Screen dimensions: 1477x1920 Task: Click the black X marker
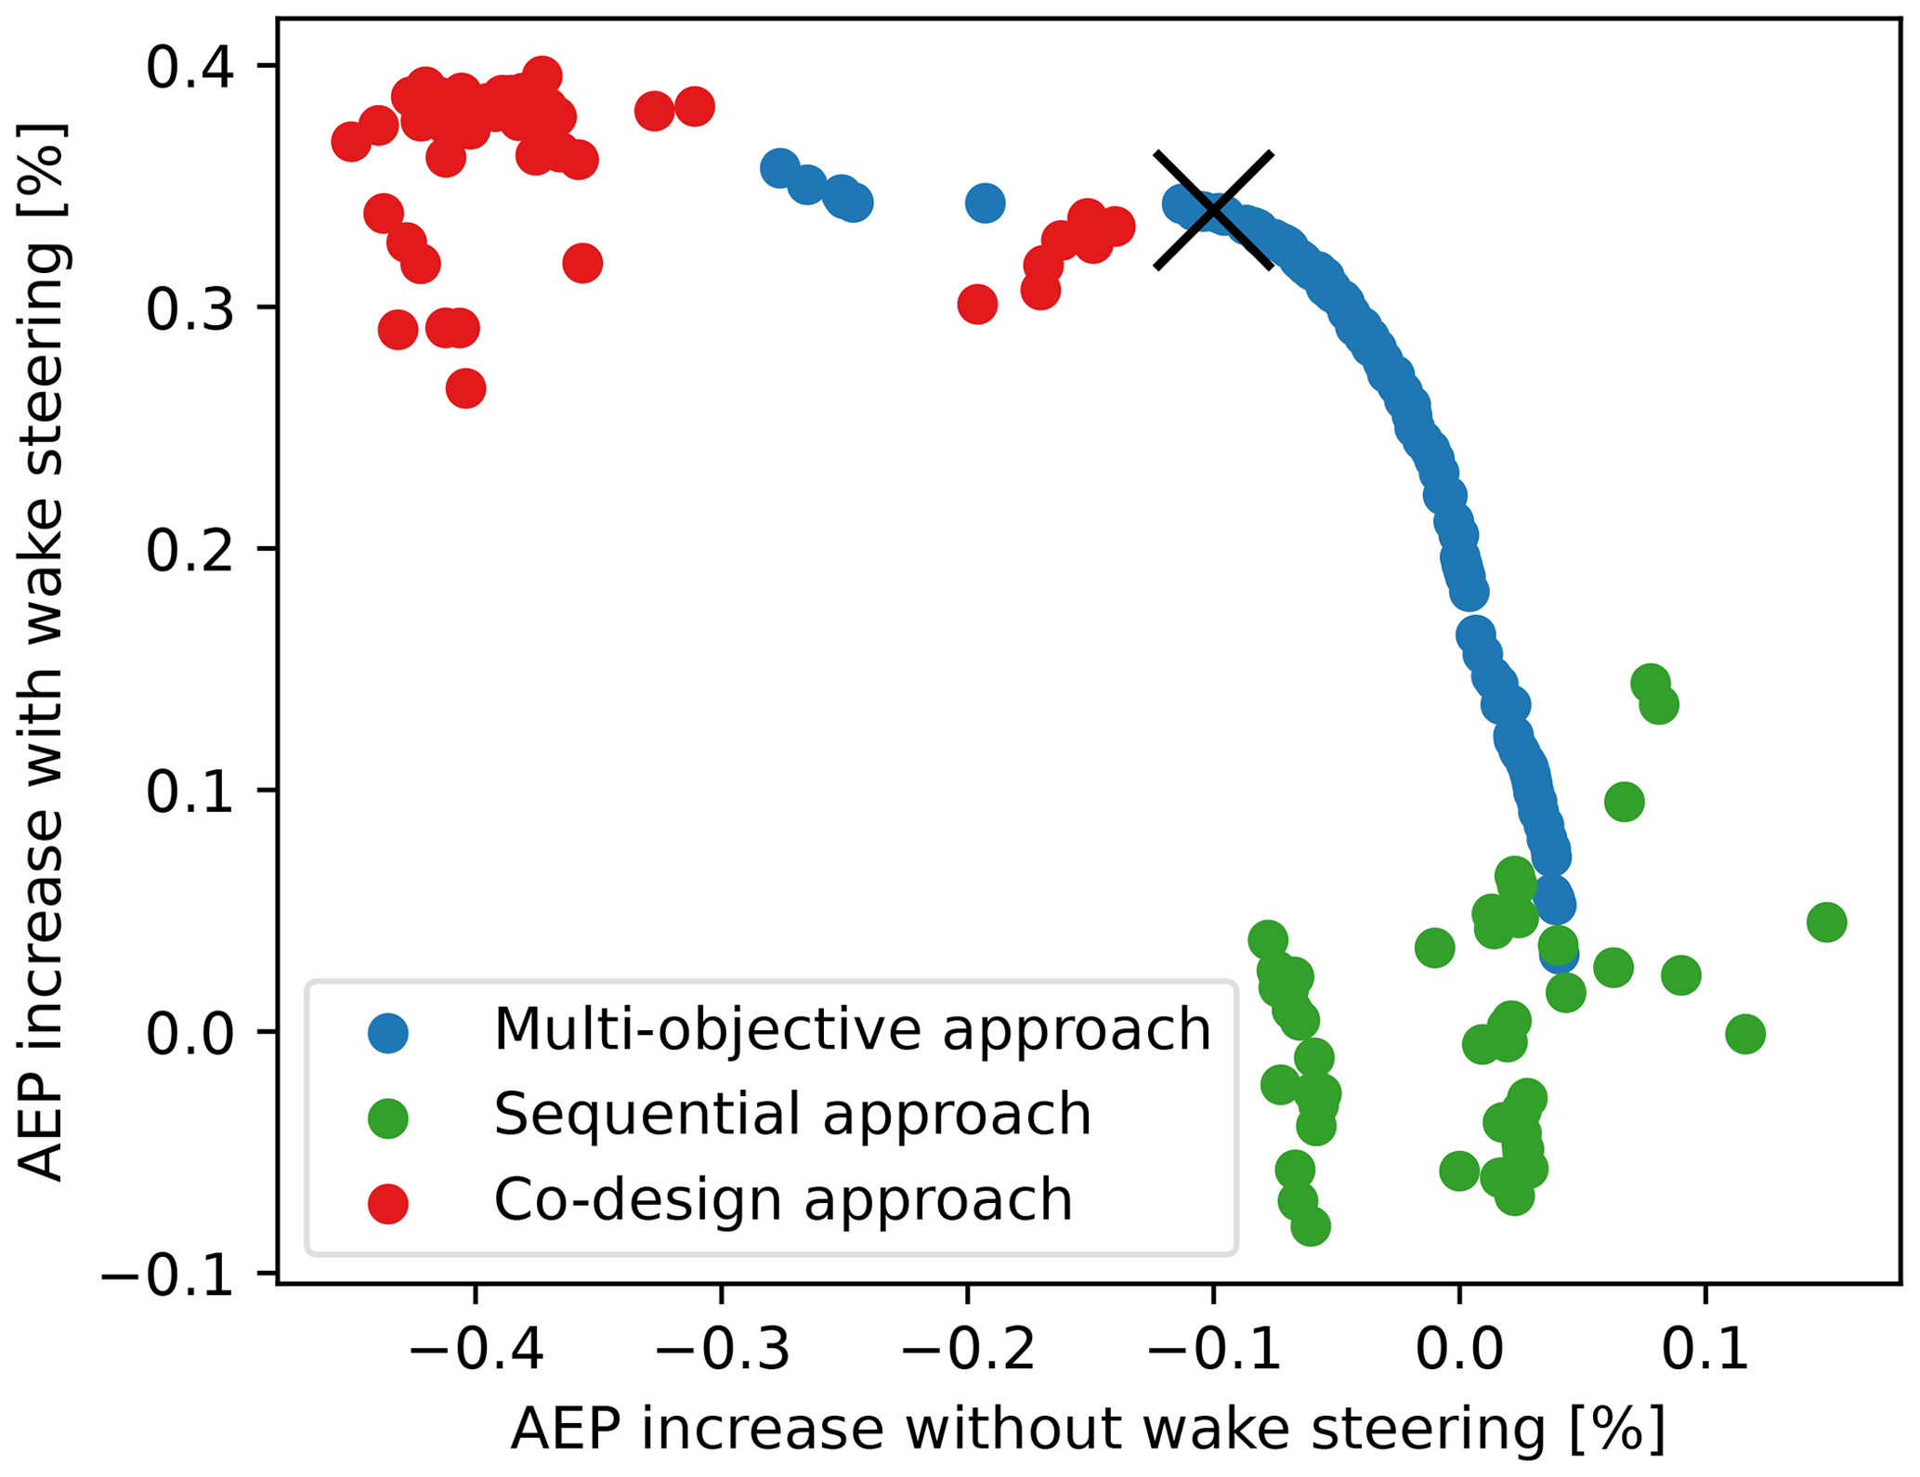pos(1212,209)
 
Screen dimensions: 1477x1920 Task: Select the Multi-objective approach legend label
pos(852,1029)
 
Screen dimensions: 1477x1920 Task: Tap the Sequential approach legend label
pos(791,1114)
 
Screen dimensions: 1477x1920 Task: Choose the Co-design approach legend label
pos(782,1199)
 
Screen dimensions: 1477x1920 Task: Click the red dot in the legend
pos(387,1203)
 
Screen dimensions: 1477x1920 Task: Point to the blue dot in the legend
pos(387,1032)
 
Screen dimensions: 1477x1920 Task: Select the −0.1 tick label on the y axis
pos(167,1274)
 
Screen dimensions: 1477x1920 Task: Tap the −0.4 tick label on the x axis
pos(476,1350)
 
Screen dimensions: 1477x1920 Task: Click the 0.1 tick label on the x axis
pos(1704,1350)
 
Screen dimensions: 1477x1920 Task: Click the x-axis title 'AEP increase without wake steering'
pos(1087,1430)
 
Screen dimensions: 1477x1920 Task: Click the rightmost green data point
pos(1826,922)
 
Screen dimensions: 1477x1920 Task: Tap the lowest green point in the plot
pos(1310,1226)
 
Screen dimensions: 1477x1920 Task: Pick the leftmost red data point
pos(351,142)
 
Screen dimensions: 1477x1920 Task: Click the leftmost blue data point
pos(779,169)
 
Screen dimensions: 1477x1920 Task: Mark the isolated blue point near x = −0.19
pos(985,203)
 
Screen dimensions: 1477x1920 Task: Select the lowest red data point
pos(465,388)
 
